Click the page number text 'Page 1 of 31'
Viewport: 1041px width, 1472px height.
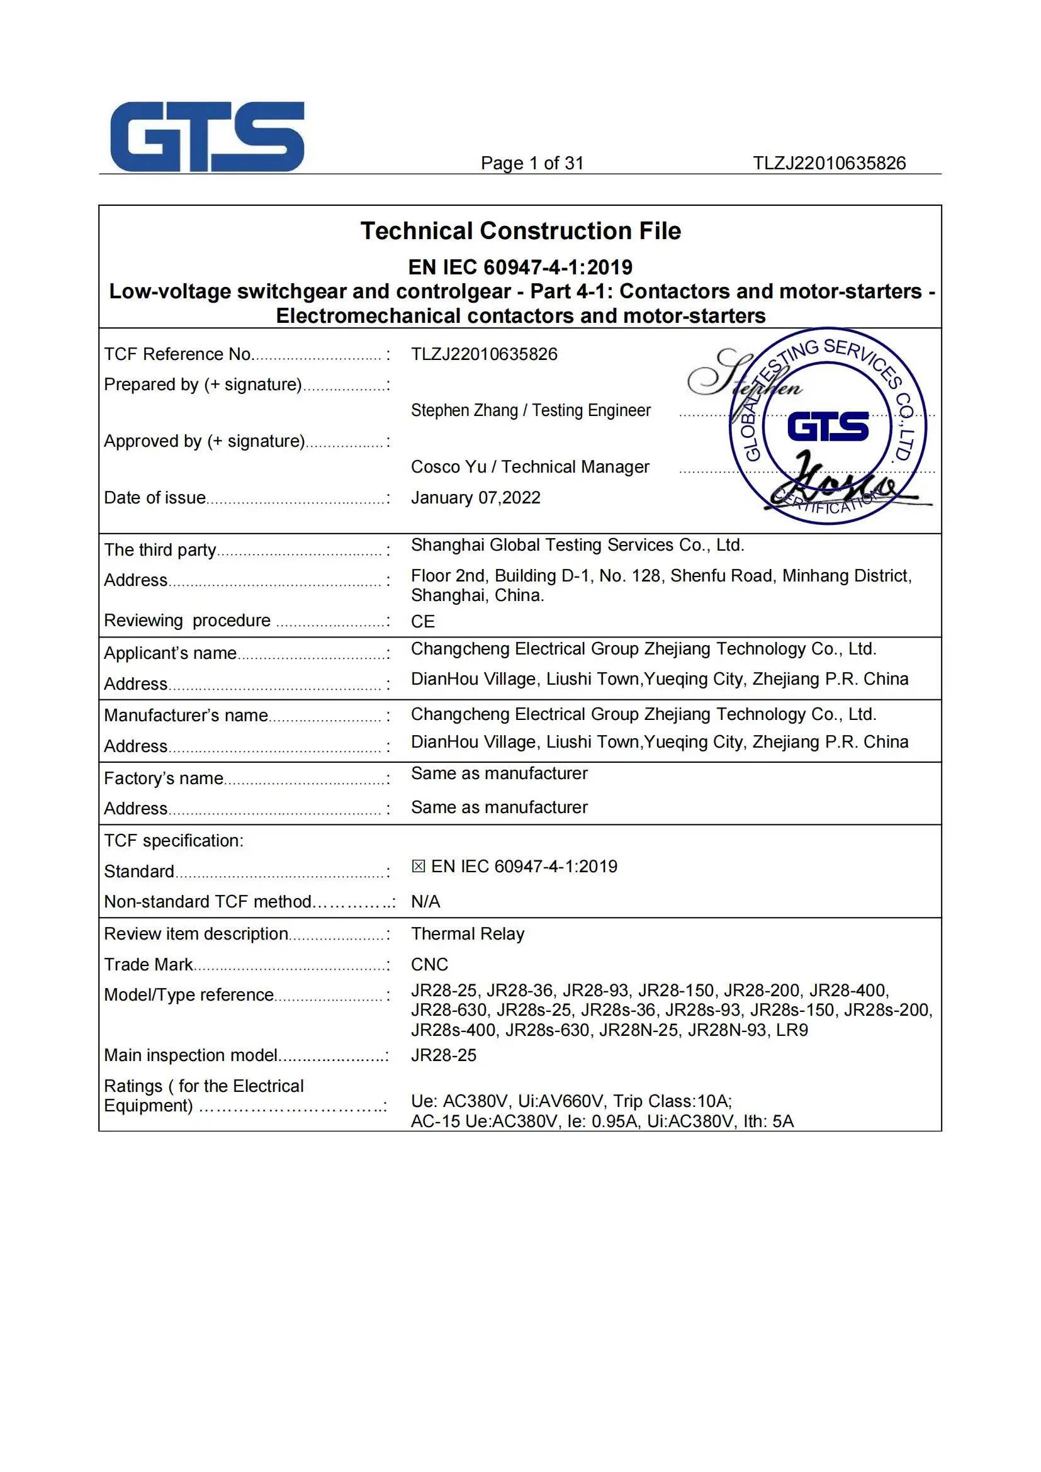click(x=532, y=164)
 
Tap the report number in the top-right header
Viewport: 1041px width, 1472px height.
click(x=829, y=164)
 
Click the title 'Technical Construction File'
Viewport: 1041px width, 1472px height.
click(x=520, y=231)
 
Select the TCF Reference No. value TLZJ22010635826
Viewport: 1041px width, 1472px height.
click(x=484, y=354)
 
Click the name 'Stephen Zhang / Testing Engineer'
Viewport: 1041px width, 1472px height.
click(x=530, y=410)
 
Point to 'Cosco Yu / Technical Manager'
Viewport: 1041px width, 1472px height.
click(x=529, y=467)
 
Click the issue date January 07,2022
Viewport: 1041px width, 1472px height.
click(x=475, y=498)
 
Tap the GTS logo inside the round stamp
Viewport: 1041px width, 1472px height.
click(x=828, y=427)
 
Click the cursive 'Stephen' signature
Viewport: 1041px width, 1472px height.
click(x=743, y=375)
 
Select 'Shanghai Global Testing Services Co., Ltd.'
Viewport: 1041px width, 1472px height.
click(x=577, y=545)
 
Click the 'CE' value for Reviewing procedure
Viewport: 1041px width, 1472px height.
click(x=422, y=621)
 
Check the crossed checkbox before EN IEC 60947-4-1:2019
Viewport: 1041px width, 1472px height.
click(x=418, y=866)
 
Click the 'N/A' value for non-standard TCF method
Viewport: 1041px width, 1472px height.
click(x=425, y=901)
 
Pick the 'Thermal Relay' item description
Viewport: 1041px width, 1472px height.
click(x=467, y=933)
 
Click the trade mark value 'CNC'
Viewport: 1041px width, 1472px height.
click(x=429, y=964)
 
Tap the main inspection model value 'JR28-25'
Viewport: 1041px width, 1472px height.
click(x=443, y=1055)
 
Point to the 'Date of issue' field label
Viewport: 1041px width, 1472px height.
click(x=154, y=498)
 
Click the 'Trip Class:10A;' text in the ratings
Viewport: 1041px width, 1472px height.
click(x=672, y=1101)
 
